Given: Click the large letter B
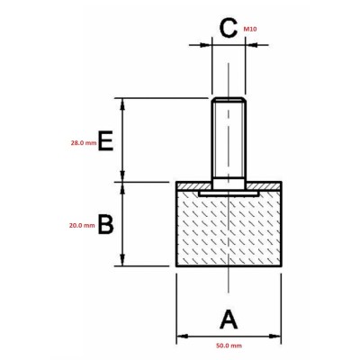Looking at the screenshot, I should click(105, 224).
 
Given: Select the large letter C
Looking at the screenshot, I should click(229, 29).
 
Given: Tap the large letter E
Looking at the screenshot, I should click(105, 141).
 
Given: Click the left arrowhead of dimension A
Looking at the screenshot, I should click(179, 338).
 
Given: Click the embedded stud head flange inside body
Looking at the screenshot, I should click(231, 191).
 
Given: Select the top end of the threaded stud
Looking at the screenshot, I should click(231, 98).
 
